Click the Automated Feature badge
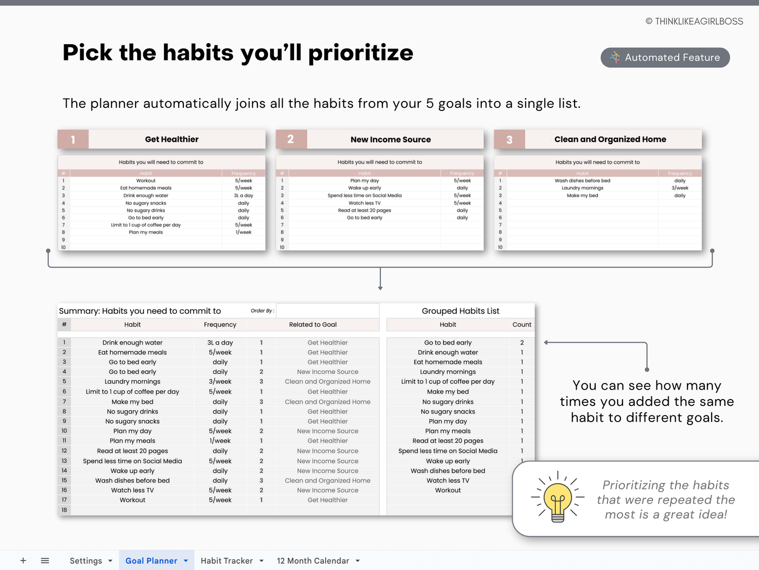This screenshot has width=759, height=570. pos(665,57)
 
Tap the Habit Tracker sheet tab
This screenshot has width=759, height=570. pos(226,561)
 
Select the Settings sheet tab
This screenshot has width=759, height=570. pos(86,561)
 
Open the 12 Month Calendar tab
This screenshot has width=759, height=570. pos(313,561)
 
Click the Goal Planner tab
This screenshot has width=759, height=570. pos(151,561)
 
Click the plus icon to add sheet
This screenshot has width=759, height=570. pos(23,561)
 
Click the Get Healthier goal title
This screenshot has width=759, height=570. pos(172,139)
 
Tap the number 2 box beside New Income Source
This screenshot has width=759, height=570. pos(291,139)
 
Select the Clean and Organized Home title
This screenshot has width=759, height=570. pos(610,139)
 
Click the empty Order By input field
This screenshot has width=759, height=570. pos(327,311)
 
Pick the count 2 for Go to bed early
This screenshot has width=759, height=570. pos(522,343)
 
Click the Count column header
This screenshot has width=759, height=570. pos(522,325)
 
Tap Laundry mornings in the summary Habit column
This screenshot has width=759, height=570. pos(132,382)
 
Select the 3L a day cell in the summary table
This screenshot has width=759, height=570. pos(220,343)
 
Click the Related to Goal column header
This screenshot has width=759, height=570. pos(313,325)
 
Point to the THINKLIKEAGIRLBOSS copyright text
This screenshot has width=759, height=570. pos(694,22)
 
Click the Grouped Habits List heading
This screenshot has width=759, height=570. pos(460,311)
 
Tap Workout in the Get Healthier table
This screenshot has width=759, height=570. pos(145,181)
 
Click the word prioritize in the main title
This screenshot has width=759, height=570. pos(360,53)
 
